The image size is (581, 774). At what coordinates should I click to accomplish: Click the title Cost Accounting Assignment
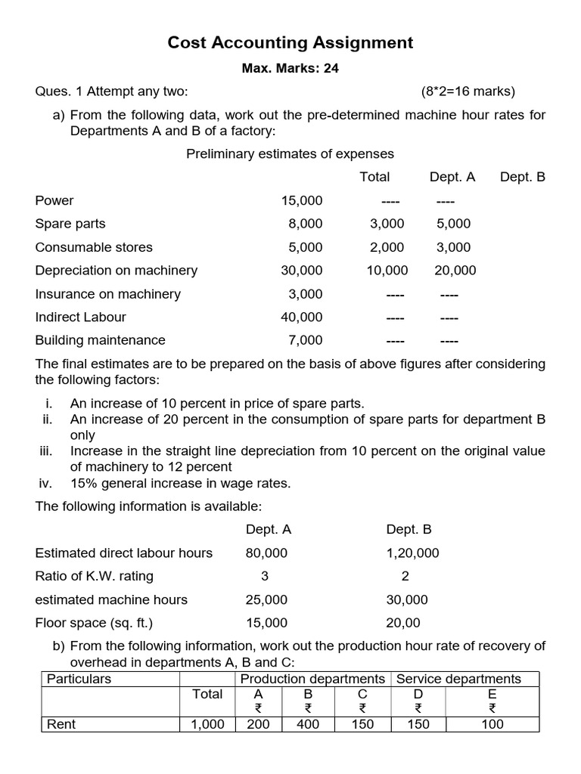[290, 43]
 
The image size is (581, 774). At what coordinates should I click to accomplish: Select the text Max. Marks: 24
[290, 69]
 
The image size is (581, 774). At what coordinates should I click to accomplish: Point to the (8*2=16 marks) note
[468, 92]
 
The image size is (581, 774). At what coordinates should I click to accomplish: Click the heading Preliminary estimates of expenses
[290, 153]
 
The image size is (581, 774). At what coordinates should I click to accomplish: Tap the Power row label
[54, 201]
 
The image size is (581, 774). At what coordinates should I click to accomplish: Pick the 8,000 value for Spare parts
[305, 224]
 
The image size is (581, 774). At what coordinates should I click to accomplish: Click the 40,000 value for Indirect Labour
[301, 317]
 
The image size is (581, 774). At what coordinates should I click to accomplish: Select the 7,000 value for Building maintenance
[305, 340]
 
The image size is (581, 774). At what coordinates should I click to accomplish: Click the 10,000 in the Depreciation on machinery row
[387, 271]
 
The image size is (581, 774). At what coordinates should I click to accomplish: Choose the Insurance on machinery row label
[108, 294]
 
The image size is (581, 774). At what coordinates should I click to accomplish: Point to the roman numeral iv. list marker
[45, 484]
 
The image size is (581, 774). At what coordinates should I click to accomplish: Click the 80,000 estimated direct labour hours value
[266, 553]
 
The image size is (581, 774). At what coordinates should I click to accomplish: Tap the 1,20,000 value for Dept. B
[412, 553]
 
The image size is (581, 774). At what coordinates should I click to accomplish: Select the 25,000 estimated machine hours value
[266, 600]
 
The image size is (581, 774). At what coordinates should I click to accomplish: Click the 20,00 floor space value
[403, 624]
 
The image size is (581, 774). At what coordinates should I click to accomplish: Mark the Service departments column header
[458, 679]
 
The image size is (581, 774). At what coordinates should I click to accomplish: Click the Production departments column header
[312, 679]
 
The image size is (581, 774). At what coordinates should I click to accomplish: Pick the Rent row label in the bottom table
[61, 724]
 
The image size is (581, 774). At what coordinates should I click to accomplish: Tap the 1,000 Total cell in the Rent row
[207, 724]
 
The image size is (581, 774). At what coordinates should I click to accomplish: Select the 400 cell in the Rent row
[308, 724]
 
